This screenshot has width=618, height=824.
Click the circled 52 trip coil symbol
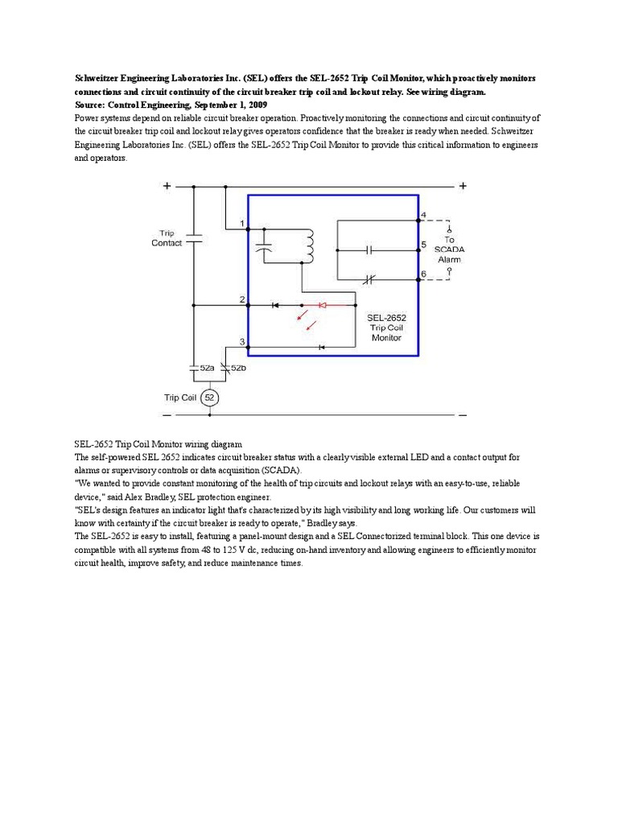click(209, 398)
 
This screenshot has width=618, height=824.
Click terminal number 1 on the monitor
click(241, 223)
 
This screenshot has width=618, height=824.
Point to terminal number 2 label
click(241, 299)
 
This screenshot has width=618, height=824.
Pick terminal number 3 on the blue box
click(241, 342)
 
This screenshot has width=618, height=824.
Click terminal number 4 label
click(423, 214)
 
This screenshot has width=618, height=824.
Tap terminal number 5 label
click(423, 244)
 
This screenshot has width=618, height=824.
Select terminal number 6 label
click(423, 274)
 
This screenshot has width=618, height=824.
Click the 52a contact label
click(206, 368)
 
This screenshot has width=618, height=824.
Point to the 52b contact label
click(238, 368)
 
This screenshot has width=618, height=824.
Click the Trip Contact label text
click(167, 237)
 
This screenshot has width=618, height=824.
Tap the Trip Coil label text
click(180, 398)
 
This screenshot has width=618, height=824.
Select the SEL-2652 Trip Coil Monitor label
click(385, 328)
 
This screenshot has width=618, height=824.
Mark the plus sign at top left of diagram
click(167, 186)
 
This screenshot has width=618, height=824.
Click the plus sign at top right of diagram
click(463, 186)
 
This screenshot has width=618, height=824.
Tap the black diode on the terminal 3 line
click(321, 348)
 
